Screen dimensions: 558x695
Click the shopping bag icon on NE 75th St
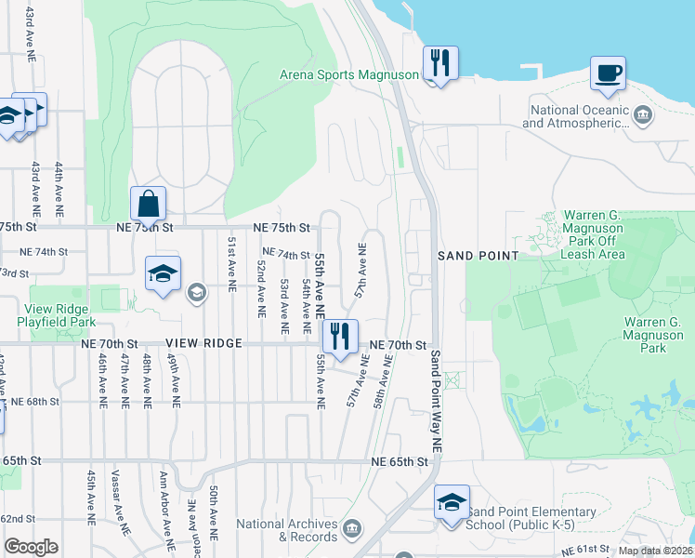(x=148, y=204)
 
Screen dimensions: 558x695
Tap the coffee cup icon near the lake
(x=608, y=73)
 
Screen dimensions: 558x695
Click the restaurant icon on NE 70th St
(x=340, y=337)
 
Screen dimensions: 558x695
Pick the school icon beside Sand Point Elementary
(x=452, y=502)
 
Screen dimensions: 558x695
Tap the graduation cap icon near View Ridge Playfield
(x=162, y=274)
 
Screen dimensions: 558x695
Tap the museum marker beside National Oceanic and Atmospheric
(x=644, y=115)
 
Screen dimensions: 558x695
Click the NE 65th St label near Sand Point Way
(x=400, y=461)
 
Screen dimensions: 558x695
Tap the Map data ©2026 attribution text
(x=654, y=551)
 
